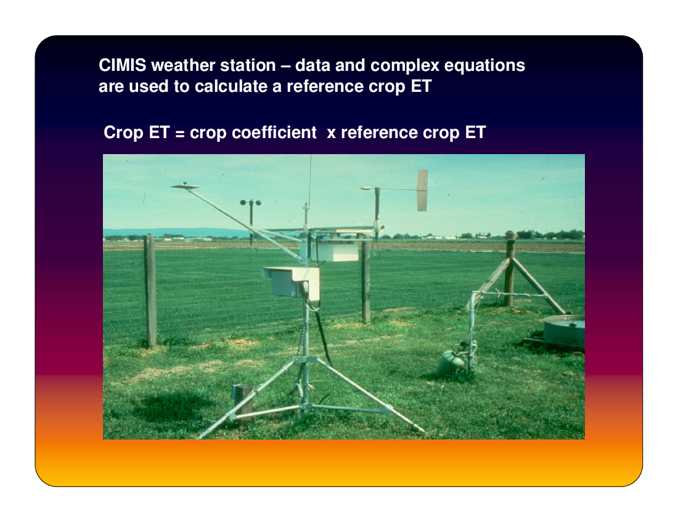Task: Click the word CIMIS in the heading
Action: click(x=123, y=65)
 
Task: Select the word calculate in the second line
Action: click(x=231, y=86)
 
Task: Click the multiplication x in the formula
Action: click(x=331, y=134)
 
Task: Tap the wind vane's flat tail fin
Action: click(x=422, y=190)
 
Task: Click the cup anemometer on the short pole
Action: click(x=251, y=203)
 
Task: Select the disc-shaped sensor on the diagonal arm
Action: click(x=185, y=186)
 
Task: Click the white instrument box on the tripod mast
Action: click(x=292, y=282)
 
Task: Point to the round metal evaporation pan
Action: click(x=564, y=330)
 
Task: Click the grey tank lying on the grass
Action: click(x=450, y=362)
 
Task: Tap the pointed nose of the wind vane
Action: click(x=362, y=189)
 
